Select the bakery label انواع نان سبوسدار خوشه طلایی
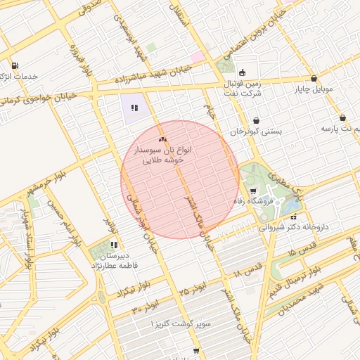(163, 155)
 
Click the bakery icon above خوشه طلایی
(162, 140)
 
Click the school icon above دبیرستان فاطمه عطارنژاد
(113, 245)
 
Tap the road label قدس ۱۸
(247, 269)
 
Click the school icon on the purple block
(134, 108)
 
